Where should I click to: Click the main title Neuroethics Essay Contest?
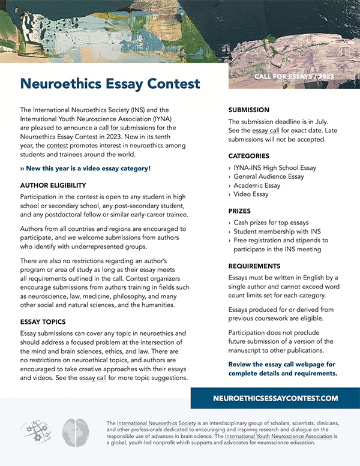pyautogui.click(x=110, y=84)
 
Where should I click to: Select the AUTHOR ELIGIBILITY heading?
pyautogui.click(x=53, y=185)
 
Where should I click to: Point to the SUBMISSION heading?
pyautogui.click(x=249, y=110)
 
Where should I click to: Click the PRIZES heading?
pyautogui.click(x=239, y=212)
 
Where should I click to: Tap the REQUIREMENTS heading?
pyautogui.click(x=254, y=266)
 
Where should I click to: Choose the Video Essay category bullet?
pyautogui.click(x=251, y=195)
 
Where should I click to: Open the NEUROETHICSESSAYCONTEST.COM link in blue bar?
pyautogui.click(x=275, y=398)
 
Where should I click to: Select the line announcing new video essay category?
pyautogui.click(x=85, y=169)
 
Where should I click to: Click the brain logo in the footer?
pyautogui.click(x=76, y=432)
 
